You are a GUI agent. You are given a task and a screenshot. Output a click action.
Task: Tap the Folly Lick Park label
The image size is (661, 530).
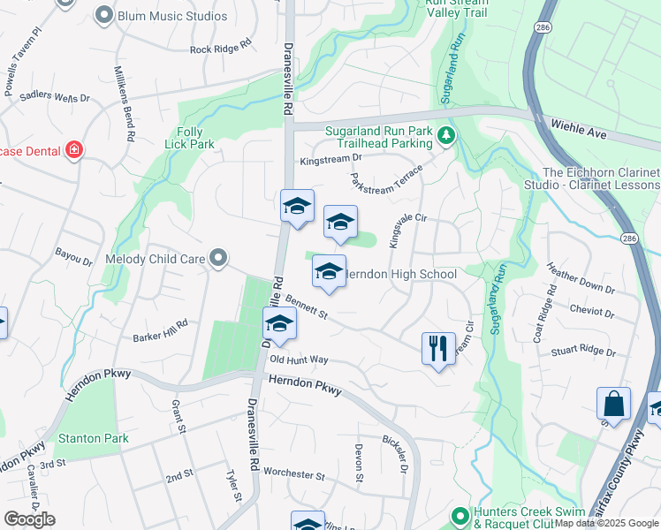(x=189, y=138)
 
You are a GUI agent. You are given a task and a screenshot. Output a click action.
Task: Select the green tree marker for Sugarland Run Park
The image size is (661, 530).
(x=447, y=135)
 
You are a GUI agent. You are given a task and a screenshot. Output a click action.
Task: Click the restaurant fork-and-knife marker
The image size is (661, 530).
(x=438, y=350)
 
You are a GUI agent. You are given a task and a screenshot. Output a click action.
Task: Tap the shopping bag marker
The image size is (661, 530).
(x=613, y=405)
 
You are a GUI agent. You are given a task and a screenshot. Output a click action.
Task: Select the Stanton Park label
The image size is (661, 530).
(x=93, y=438)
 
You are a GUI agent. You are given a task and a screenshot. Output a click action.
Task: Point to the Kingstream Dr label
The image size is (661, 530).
(x=331, y=159)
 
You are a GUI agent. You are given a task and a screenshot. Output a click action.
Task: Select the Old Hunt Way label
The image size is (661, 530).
(x=299, y=360)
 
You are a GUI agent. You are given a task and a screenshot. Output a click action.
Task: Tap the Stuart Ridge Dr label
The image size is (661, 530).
(x=583, y=350)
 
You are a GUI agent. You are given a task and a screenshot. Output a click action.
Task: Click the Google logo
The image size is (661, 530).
(x=29, y=519)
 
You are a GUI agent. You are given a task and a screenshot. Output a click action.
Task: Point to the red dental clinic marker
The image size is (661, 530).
(x=73, y=150)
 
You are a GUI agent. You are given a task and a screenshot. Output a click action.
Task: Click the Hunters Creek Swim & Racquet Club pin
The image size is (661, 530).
(x=460, y=515)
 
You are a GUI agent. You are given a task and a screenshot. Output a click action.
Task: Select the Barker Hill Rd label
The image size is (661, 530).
(x=160, y=330)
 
